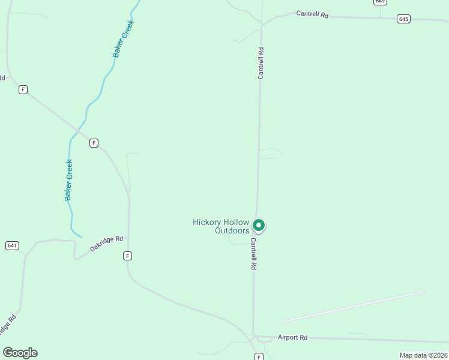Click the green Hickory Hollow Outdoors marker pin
(259, 226)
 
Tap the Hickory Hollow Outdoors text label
(220, 226)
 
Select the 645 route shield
(403, 19)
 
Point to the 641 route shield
(13, 245)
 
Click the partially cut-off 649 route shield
(379, 2)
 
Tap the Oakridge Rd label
(106, 242)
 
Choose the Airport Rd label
(292, 337)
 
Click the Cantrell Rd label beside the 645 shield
(312, 14)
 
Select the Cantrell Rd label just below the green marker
(254, 254)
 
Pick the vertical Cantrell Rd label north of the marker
(261, 63)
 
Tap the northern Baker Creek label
(124, 38)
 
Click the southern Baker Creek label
(69, 179)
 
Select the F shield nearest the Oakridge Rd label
(127, 256)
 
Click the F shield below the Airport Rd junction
(259, 356)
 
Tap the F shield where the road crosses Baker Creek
(94, 143)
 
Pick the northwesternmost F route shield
(23, 89)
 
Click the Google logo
(20, 353)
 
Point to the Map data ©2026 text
(423, 355)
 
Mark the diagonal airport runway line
(354, 307)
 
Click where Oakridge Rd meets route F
(128, 238)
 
